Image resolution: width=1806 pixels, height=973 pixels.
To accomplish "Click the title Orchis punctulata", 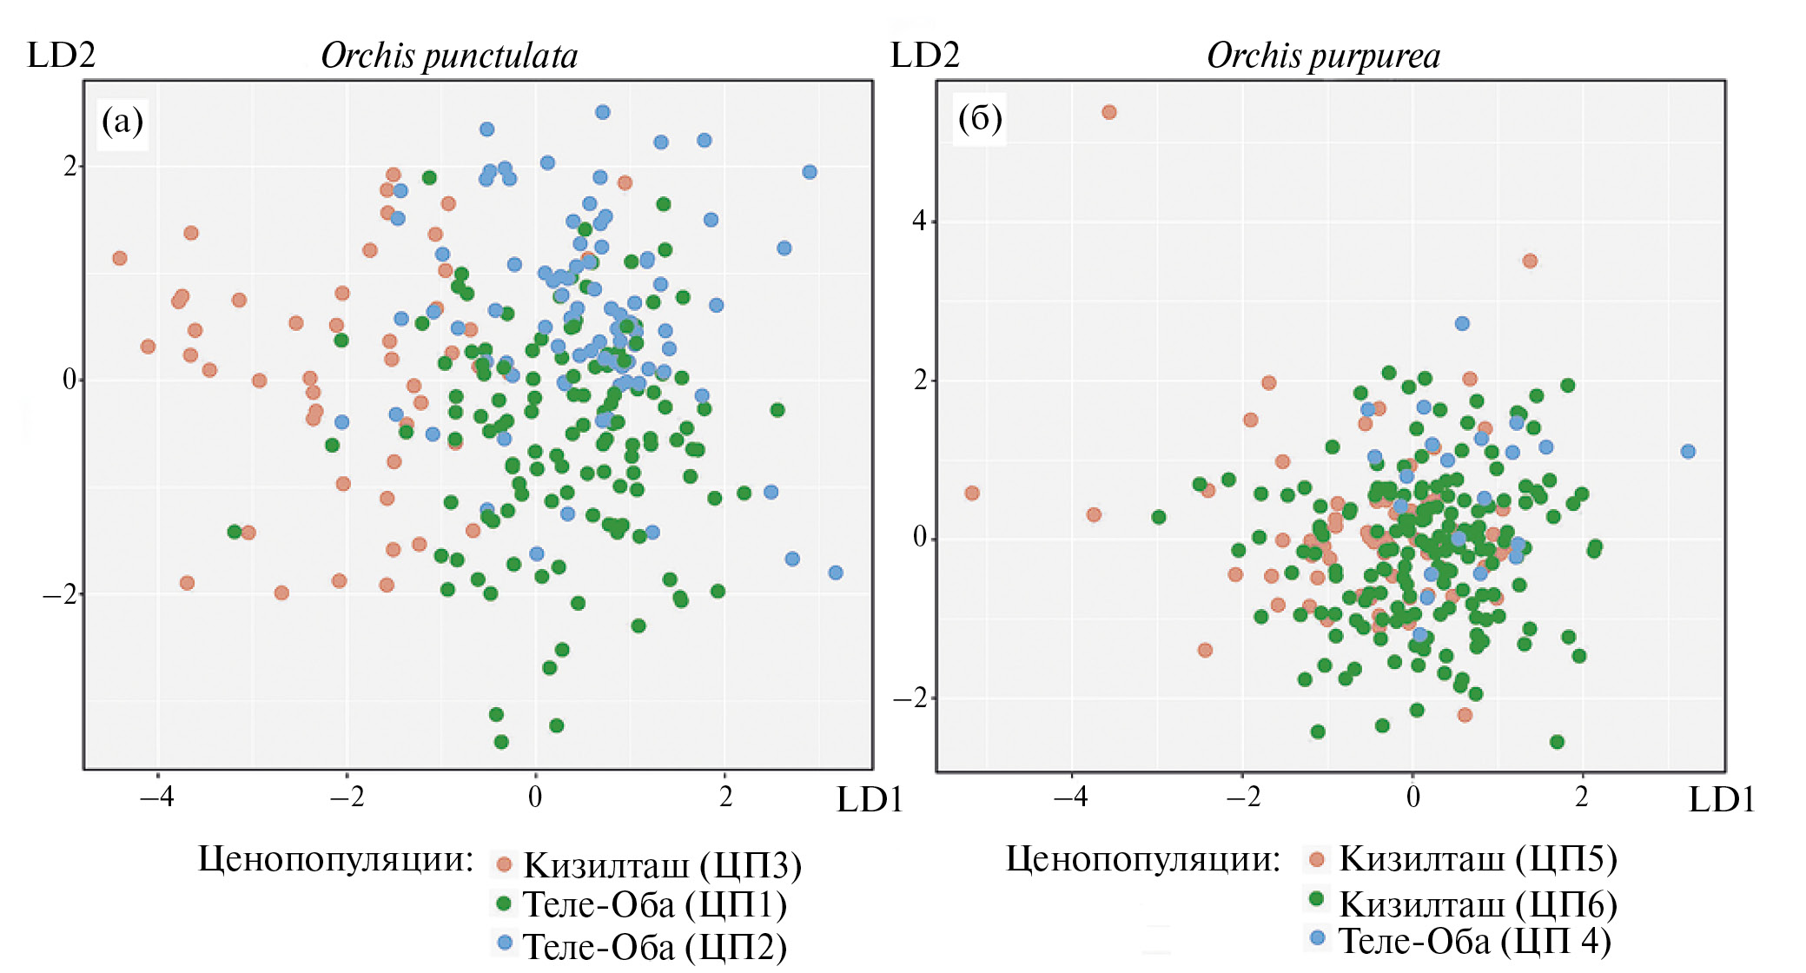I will (x=449, y=56).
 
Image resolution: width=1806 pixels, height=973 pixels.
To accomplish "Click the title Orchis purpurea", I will (x=1323, y=56).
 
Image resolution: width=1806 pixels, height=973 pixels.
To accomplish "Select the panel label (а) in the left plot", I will (x=122, y=121).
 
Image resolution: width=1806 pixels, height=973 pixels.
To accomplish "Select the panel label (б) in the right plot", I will (x=980, y=117).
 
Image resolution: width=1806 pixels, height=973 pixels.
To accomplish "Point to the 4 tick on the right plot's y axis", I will (x=919, y=221).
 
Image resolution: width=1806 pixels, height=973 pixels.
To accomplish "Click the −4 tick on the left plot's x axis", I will (x=157, y=796).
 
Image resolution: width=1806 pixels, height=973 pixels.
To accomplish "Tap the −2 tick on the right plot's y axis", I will (x=912, y=698).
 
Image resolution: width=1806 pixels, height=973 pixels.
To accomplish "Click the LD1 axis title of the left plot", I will (x=870, y=800).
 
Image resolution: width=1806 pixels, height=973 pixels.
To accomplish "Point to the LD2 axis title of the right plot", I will (x=925, y=56).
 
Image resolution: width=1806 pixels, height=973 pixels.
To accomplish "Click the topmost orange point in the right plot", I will (x=1109, y=112).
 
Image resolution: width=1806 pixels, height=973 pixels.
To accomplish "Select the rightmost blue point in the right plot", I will (x=1688, y=452).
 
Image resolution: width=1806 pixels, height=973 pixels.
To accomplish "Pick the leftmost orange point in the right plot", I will (x=972, y=493).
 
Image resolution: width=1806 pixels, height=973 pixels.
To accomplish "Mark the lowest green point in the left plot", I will (x=501, y=742).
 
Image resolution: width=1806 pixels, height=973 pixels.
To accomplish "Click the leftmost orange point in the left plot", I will (x=120, y=258).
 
